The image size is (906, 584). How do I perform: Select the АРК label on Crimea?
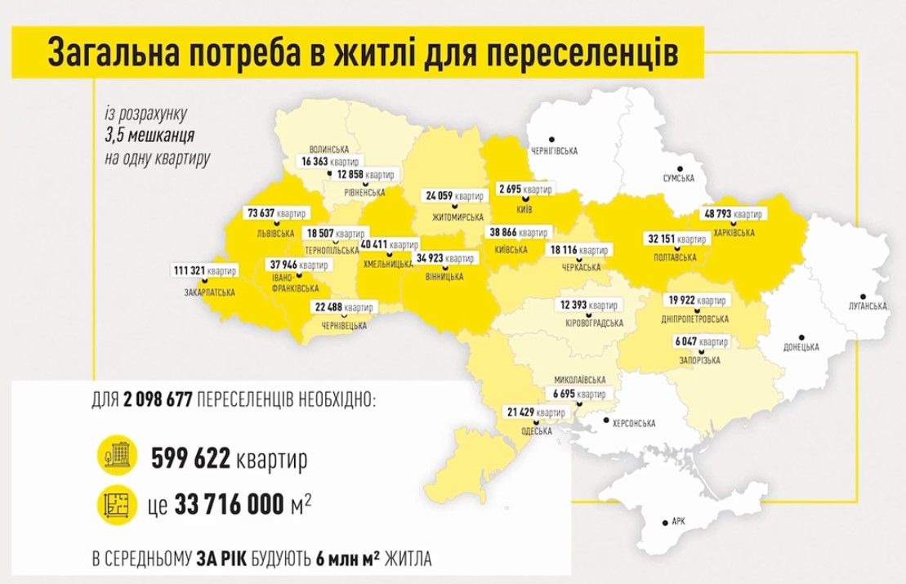click(676, 520)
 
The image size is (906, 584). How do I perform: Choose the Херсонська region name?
click(635, 423)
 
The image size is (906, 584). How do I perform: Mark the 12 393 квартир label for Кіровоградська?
click(587, 305)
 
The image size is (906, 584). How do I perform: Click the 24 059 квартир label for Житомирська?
click(453, 196)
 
